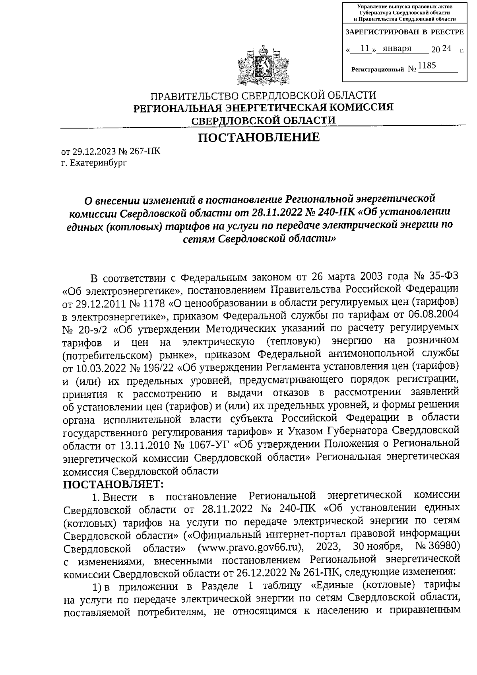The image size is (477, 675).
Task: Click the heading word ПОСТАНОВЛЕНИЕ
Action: pyautogui.click(x=259, y=138)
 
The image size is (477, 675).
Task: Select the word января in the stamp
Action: pyautogui.click(x=394, y=49)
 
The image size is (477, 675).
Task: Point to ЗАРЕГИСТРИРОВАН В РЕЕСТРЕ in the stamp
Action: pyautogui.click(x=404, y=32)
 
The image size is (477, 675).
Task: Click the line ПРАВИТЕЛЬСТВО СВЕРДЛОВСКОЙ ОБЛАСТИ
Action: pyautogui.click(x=263, y=96)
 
